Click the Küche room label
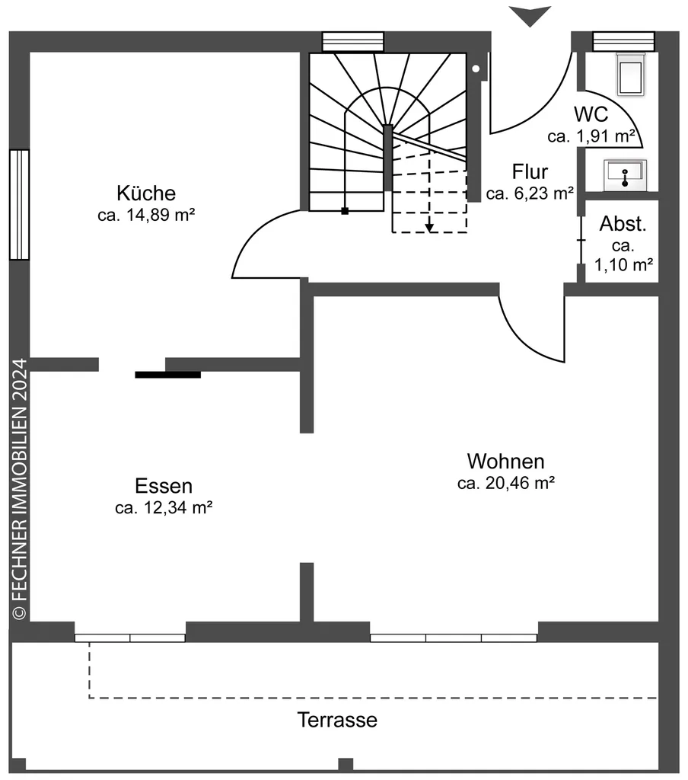coord(146,193)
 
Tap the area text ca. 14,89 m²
coord(146,216)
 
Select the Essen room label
coord(164,485)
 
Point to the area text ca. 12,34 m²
coord(164,508)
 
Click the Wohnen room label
coord(506,461)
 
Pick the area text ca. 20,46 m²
coord(506,483)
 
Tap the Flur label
coord(530,171)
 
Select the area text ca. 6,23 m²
coord(530,193)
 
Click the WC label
coord(591,114)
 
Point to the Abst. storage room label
coord(623,224)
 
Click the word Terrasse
coord(337,720)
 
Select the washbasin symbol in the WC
coord(625,174)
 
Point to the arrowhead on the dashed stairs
coord(429,226)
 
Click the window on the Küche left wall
coord(19,204)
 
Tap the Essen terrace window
coord(130,638)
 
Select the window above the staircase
coord(352,41)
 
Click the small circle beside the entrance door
coord(476,69)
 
